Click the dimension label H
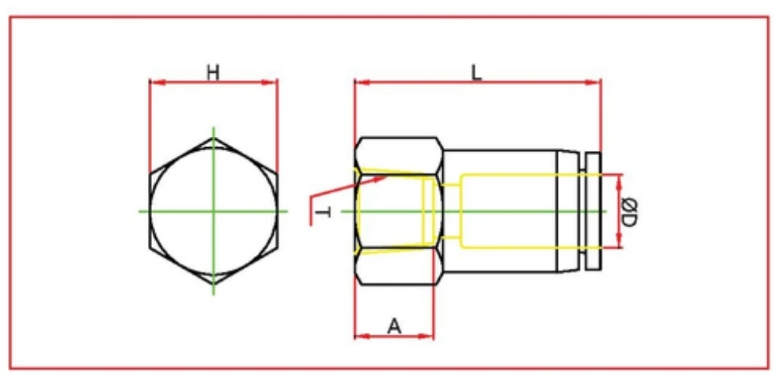click(x=213, y=73)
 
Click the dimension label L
click(x=476, y=73)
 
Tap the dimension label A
click(x=394, y=324)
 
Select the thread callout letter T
click(x=322, y=214)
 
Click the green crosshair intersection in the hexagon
click(x=213, y=211)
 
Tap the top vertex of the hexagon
click(x=213, y=138)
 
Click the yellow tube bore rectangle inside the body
click(x=506, y=210)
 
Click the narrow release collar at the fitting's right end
click(x=592, y=210)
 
